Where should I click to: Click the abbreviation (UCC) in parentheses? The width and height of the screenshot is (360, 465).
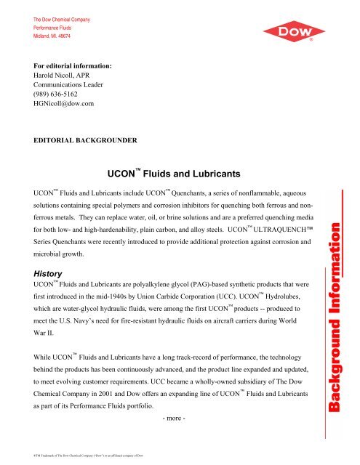pos(253,297)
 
